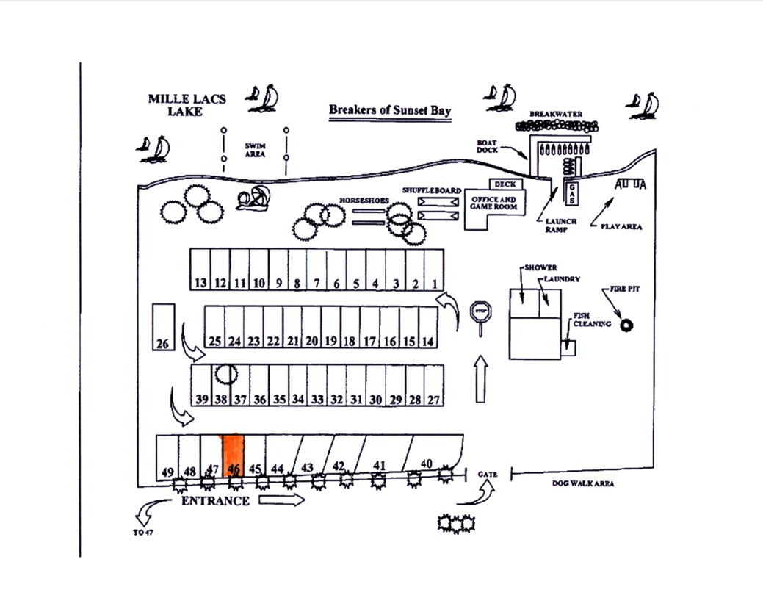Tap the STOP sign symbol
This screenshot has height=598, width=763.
[x=481, y=311]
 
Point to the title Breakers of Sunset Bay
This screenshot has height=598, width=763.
[x=390, y=110]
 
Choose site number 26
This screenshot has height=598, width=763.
[x=164, y=327]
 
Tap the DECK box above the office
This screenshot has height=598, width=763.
[x=505, y=184]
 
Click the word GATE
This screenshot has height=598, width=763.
[x=488, y=475]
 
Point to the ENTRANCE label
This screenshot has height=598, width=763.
[x=215, y=501]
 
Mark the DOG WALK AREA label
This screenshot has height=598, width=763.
[x=583, y=483]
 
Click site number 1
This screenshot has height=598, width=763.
[x=434, y=270]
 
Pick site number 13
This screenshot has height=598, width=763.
[x=200, y=270]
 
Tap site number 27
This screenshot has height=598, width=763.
[x=433, y=386]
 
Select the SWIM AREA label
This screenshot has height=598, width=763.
[x=255, y=150]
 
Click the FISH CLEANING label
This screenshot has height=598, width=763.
[x=592, y=320]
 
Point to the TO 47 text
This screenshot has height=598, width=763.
[x=143, y=533]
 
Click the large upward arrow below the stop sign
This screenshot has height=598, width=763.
[x=480, y=378]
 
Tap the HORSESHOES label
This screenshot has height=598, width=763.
[x=361, y=200]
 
